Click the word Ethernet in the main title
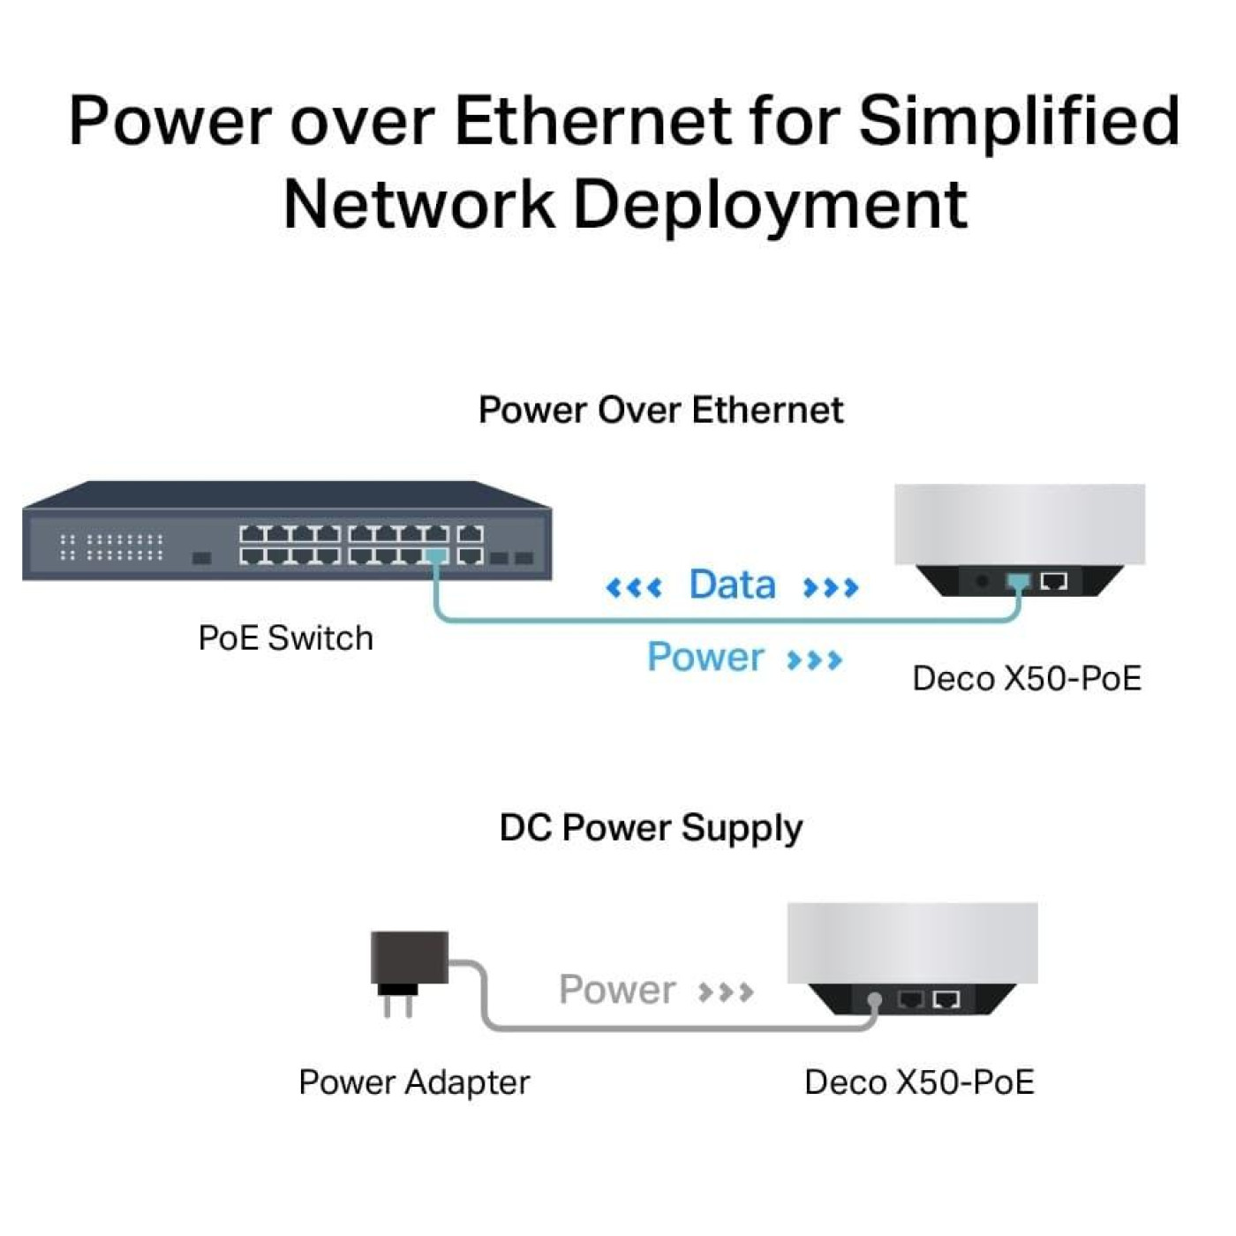coord(592,121)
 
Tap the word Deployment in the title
coord(770,204)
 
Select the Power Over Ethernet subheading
coord(660,411)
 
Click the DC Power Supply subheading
coord(651,828)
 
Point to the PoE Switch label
coord(285,638)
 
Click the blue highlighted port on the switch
coord(435,555)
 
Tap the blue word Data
coord(732,584)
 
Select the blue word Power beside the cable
coord(705,657)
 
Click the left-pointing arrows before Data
coord(634,587)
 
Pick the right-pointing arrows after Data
coord(830,587)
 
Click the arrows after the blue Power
coord(814,659)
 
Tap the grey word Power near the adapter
coord(617,990)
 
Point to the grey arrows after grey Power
coord(726,992)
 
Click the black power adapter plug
coord(408,967)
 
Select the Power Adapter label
coord(414,1082)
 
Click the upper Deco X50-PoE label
coord(1026,679)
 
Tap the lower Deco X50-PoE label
coord(918,1082)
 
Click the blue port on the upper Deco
coord(1018,582)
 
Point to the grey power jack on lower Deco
coord(874,1000)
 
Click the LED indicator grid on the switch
coord(111,546)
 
